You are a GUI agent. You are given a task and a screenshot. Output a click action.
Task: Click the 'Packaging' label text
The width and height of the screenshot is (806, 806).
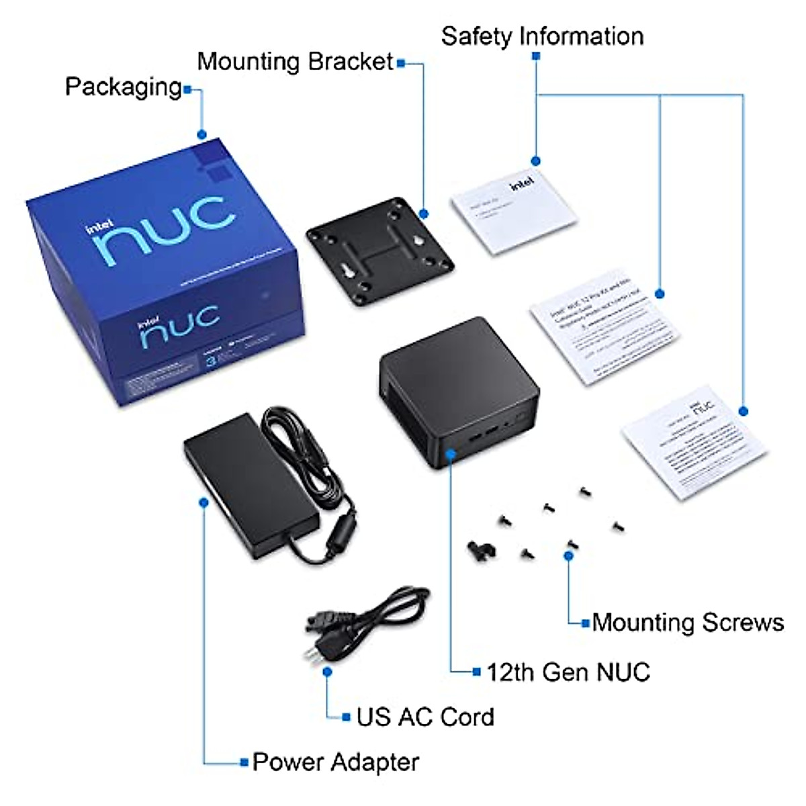[123, 87]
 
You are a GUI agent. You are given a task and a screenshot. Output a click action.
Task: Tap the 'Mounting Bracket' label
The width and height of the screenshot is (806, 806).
[294, 62]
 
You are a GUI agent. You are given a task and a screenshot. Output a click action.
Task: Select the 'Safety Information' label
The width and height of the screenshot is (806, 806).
[542, 36]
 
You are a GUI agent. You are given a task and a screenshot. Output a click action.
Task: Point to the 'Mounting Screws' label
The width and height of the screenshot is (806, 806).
[688, 623]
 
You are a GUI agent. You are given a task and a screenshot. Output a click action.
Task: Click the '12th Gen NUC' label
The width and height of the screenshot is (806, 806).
[568, 672]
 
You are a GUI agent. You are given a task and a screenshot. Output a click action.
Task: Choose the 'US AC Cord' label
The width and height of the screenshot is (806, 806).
[425, 717]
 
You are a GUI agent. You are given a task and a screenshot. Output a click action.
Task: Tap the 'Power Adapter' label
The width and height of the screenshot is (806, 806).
[335, 762]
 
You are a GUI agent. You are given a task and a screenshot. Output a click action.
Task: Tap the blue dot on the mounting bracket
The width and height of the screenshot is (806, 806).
[424, 214]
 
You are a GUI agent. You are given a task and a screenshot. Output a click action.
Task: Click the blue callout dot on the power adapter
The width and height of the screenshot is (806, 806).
[204, 502]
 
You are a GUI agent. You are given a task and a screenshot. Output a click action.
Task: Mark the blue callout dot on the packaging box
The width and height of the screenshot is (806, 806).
[202, 134]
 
